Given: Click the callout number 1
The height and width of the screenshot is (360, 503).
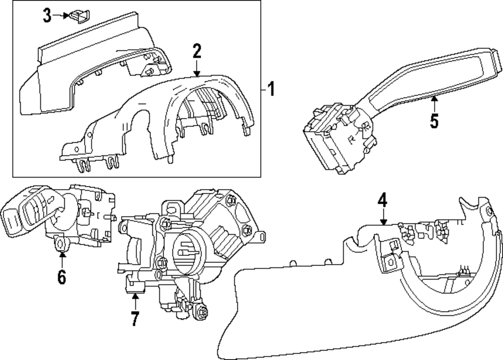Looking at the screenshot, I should click(x=271, y=91).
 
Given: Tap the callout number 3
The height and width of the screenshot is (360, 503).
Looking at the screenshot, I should click(x=47, y=16).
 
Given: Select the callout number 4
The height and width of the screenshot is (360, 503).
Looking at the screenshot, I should click(x=383, y=201).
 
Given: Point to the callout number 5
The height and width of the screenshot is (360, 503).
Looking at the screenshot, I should click(x=434, y=122).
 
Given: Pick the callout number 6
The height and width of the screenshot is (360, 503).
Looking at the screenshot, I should click(x=61, y=277).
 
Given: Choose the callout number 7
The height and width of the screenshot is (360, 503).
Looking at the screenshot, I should click(x=134, y=319).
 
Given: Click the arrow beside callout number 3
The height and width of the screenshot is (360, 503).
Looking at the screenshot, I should click(x=62, y=16).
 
